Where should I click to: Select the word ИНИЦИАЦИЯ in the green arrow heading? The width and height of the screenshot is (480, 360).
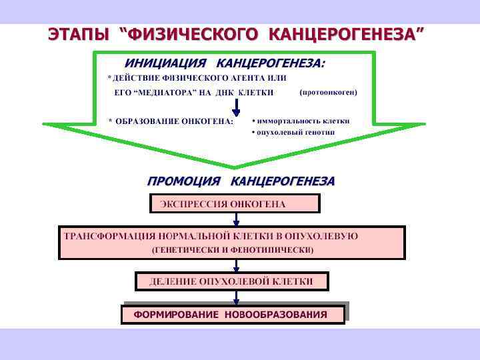click(x=165, y=63)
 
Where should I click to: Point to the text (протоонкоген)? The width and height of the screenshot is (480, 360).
click(x=329, y=92)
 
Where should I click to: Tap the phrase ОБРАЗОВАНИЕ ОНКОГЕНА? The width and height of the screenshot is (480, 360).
click(x=175, y=121)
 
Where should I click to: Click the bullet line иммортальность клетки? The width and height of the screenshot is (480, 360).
click(x=301, y=121)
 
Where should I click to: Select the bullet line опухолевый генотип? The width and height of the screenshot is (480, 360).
click(x=293, y=132)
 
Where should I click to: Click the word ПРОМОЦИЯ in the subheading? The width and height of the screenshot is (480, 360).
click(x=183, y=181)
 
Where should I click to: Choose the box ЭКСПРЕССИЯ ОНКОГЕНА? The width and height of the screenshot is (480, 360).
click(x=235, y=203)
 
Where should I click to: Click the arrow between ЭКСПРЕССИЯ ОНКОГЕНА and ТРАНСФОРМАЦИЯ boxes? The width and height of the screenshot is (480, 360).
click(x=236, y=219)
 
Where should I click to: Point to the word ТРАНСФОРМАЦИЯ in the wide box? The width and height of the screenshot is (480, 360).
click(x=109, y=236)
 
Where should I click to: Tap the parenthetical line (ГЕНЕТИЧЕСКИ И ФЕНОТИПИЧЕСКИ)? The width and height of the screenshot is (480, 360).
click(x=233, y=250)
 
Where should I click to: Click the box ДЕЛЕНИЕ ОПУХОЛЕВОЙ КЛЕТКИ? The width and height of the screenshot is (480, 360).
click(x=231, y=281)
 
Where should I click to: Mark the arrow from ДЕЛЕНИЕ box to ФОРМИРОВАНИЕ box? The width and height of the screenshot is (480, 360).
click(x=236, y=297)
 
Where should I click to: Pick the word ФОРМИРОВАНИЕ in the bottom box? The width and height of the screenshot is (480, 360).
click(x=176, y=314)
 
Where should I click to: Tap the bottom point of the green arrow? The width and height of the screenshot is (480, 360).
click(x=234, y=167)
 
